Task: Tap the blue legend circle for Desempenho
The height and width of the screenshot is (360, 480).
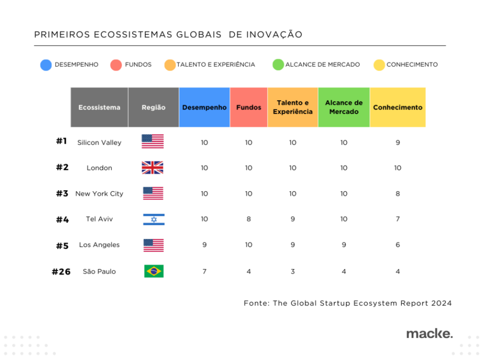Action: (46, 65)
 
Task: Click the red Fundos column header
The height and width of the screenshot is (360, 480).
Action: (248, 107)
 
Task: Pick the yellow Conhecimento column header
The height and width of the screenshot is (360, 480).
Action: (397, 107)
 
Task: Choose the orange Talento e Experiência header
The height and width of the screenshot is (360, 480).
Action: (292, 107)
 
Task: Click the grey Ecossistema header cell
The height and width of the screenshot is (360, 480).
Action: (99, 107)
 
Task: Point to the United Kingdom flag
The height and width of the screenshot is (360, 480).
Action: (153, 168)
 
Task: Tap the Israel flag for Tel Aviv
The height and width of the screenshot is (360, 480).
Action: (153, 219)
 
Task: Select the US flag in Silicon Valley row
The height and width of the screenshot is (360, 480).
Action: (153, 142)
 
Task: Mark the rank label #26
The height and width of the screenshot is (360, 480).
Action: (61, 272)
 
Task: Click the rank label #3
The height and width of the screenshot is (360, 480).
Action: (62, 194)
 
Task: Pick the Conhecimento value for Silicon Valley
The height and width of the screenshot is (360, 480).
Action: (397, 142)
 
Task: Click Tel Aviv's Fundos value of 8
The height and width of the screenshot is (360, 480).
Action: (248, 219)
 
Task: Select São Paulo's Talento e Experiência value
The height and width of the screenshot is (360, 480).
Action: (292, 272)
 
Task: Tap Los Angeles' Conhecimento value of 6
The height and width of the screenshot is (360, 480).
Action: (397, 245)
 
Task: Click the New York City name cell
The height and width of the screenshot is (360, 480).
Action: (99, 194)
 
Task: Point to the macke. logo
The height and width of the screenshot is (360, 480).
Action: (429, 334)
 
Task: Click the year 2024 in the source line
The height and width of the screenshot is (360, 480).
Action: (442, 303)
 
